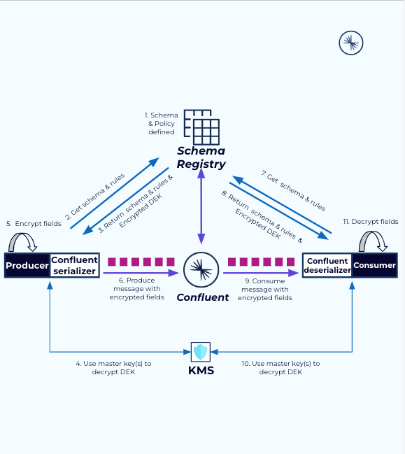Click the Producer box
(x=27, y=266)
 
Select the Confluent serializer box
(x=74, y=266)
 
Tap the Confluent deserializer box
(x=327, y=266)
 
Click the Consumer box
(x=374, y=266)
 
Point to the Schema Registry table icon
(x=201, y=127)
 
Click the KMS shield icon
(x=201, y=351)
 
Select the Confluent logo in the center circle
(x=201, y=269)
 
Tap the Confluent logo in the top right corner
(x=351, y=43)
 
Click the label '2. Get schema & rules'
(x=97, y=197)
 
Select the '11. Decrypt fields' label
(x=370, y=221)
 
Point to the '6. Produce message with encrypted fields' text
(x=136, y=289)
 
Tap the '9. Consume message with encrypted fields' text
(x=265, y=289)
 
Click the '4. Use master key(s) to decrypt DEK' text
(x=113, y=368)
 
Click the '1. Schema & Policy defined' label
(x=162, y=123)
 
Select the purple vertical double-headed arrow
(x=201, y=208)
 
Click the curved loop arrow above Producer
(x=25, y=243)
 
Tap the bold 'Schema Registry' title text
(x=201, y=157)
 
